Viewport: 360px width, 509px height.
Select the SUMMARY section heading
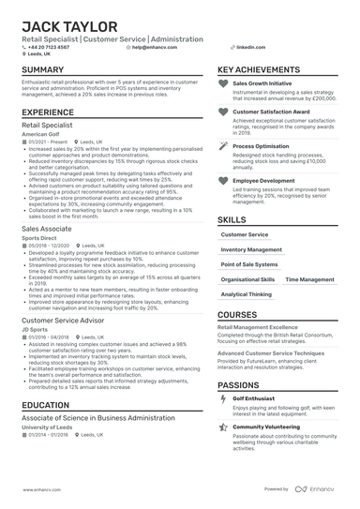click(42, 70)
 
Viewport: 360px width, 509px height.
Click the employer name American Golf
click(41, 134)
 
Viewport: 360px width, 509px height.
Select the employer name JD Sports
click(34, 330)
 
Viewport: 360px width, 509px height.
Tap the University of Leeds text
click(48, 427)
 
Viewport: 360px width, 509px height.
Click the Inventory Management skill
click(250, 250)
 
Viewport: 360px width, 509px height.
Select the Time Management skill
click(308, 279)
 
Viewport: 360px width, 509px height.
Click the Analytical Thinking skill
click(247, 294)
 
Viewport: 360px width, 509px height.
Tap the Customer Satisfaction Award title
click(271, 111)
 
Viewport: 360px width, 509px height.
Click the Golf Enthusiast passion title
click(255, 398)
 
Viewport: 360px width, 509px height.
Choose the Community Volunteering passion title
click(268, 426)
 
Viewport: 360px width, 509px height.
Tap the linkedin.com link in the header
click(251, 46)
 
